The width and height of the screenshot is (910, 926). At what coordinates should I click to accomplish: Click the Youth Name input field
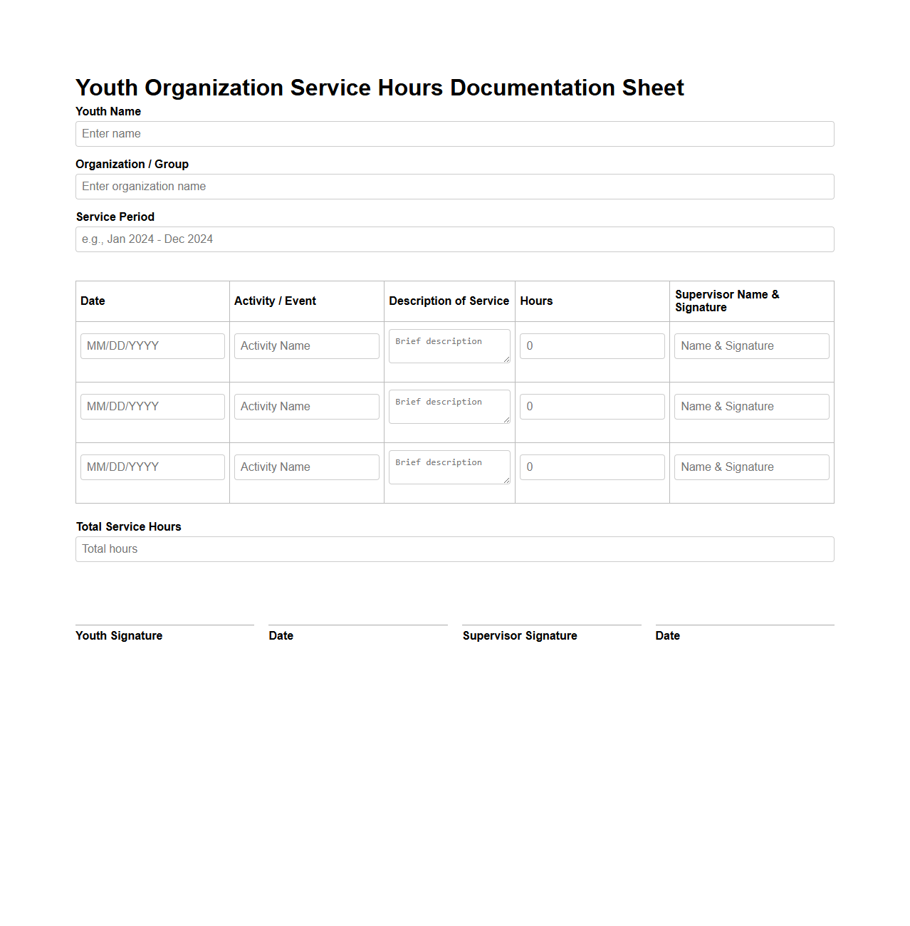coord(454,134)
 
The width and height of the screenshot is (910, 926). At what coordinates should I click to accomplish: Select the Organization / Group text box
coord(454,187)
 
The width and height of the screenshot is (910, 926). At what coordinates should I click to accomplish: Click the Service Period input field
coord(454,239)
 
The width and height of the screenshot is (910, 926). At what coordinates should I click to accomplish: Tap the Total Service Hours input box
coord(454,549)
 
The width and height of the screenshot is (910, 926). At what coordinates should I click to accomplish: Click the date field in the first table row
coord(152,346)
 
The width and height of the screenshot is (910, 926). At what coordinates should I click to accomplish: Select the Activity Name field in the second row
coord(306,407)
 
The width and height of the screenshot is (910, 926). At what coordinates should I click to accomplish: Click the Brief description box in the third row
coord(449,467)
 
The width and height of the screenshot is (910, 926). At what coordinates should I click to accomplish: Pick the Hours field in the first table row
coord(592,346)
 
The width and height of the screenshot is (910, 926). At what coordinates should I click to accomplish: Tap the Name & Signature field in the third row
coord(751,467)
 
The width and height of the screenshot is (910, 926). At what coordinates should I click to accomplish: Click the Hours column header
coord(536,301)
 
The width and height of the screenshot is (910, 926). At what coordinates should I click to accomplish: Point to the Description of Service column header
coord(449,301)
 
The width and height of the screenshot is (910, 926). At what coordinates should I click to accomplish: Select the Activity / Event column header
coord(275,301)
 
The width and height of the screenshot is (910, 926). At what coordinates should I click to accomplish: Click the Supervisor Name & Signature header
coord(726,301)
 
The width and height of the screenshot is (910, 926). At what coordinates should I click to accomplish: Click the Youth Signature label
coord(119,636)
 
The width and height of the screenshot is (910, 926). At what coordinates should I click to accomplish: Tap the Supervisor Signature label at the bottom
coord(520,636)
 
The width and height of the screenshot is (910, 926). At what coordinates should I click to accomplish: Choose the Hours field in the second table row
coord(592,407)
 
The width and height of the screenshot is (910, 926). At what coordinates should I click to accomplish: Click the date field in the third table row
coord(152,467)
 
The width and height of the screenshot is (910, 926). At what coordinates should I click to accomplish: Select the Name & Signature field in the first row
coord(751,346)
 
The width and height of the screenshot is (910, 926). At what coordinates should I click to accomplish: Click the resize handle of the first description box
coord(506,359)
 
